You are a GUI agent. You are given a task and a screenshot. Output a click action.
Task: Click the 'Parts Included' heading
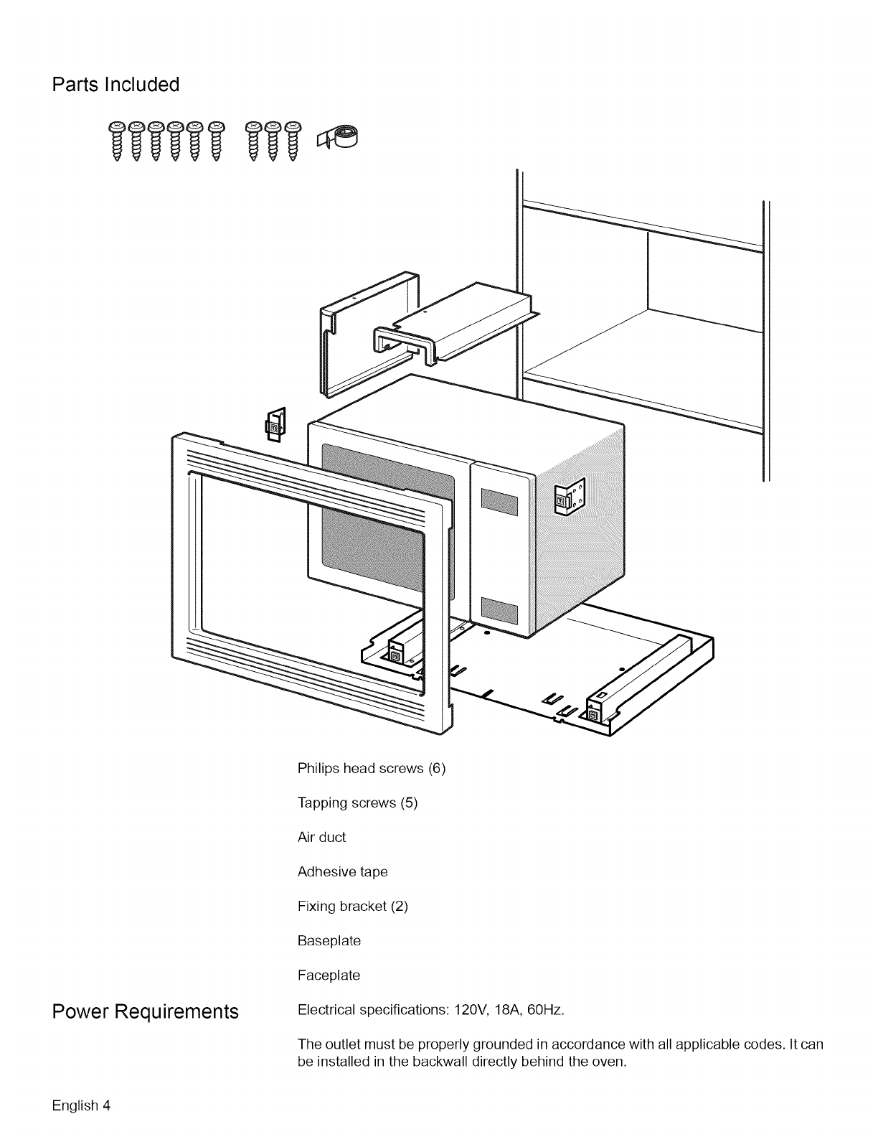[x=115, y=85]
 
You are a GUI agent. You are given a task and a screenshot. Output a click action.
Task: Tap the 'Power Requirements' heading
[x=145, y=1011]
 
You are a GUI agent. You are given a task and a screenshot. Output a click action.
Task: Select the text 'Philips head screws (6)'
[x=372, y=768]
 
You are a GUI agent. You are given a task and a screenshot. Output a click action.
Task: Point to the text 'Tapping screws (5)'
[x=357, y=803]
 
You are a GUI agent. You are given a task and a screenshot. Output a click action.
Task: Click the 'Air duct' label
[x=321, y=837]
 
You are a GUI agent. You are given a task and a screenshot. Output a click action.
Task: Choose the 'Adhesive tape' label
[x=342, y=871]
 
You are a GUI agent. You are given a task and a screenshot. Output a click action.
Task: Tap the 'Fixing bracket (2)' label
[x=352, y=906]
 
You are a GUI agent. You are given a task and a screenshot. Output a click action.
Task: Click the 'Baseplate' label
[x=329, y=940]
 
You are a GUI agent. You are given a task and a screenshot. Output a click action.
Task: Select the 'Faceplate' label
[x=329, y=975]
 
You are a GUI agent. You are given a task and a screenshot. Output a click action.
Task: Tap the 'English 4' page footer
[x=80, y=1104]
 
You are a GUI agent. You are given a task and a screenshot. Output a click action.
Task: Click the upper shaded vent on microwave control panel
[x=499, y=501]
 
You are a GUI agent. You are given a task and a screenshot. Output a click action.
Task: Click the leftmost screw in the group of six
[x=117, y=139]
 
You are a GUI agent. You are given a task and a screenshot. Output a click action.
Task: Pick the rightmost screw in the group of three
[x=292, y=139]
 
